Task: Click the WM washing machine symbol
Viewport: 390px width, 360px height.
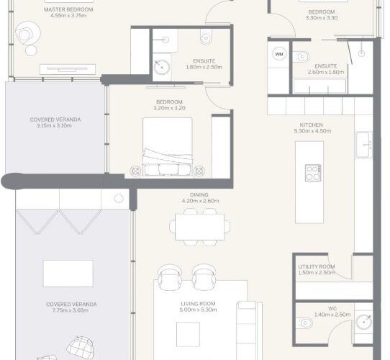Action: [279, 54]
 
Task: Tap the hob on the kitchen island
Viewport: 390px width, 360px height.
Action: [313, 173]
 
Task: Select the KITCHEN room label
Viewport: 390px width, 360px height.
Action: [311, 125]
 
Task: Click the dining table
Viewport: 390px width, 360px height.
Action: [200, 227]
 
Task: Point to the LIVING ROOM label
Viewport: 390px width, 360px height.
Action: [198, 304]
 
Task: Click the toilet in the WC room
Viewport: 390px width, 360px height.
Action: [304, 323]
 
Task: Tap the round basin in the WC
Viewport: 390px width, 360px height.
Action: [363, 322]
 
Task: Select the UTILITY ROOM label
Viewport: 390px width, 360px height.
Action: [317, 266]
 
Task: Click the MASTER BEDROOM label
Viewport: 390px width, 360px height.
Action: [68, 9]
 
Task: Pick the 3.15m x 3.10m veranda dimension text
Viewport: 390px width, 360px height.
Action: [54, 125]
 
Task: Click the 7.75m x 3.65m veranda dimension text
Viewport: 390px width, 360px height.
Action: [71, 310]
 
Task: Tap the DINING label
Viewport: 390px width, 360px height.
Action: [199, 194]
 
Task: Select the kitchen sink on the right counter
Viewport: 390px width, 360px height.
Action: [364, 145]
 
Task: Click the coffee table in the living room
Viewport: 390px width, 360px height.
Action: [188, 334]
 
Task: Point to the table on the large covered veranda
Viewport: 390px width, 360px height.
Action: [68, 274]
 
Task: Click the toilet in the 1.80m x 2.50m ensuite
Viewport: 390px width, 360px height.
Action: [206, 37]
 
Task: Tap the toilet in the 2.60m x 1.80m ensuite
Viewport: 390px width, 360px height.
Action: [301, 57]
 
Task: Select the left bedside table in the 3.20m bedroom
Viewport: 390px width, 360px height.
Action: [135, 171]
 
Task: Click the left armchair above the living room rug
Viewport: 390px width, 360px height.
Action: [170, 278]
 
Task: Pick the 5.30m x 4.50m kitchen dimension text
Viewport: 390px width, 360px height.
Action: [312, 131]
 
